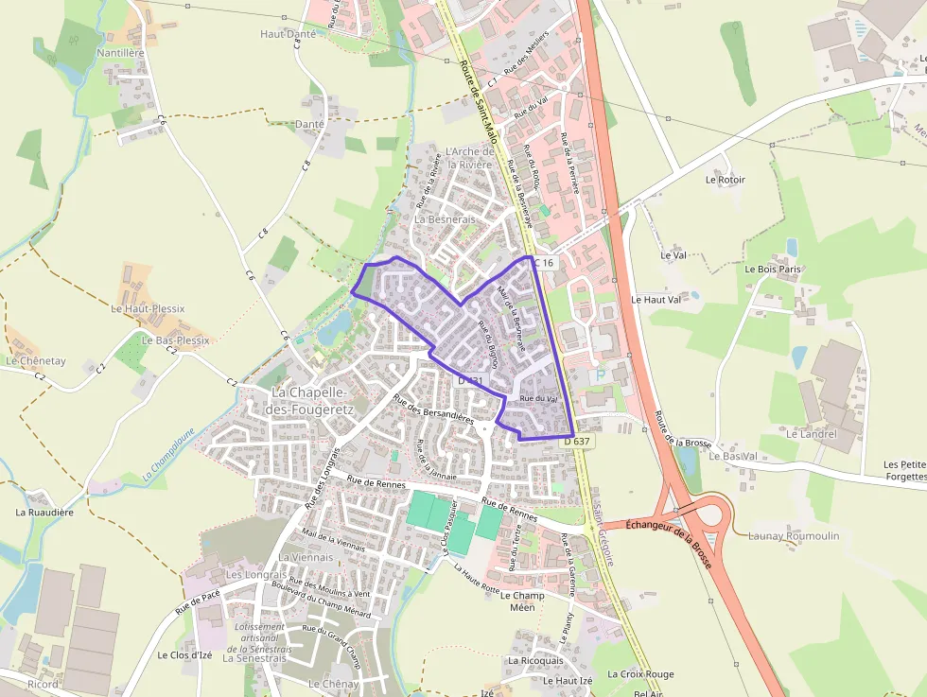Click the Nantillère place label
pos(120,53)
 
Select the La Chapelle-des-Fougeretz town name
pos(308,400)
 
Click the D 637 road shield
pos(577,441)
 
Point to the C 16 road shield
pos(542,262)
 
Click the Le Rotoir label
pos(725,180)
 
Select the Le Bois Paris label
pos(773,269)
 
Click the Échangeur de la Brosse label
pos(669,538)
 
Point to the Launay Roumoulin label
pos(793,536)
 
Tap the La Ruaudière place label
pos(44,512)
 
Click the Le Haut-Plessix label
pos(148,308)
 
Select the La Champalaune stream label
pos(169,456)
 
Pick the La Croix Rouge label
pos(640,674)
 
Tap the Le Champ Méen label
pos(522,601)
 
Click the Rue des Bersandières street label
pos(433,409)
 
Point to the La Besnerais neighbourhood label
pos(445,218)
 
